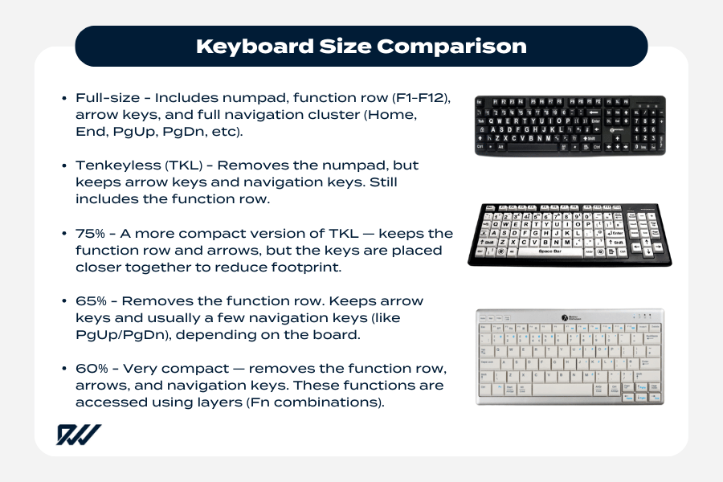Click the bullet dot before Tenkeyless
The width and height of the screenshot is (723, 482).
click(x=63, y=165)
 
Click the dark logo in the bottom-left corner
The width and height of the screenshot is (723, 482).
click(x=78, y=434)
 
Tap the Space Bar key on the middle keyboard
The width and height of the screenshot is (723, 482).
click(x=551, y=252)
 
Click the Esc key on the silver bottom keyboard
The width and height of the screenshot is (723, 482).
click(x=483, y=326)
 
